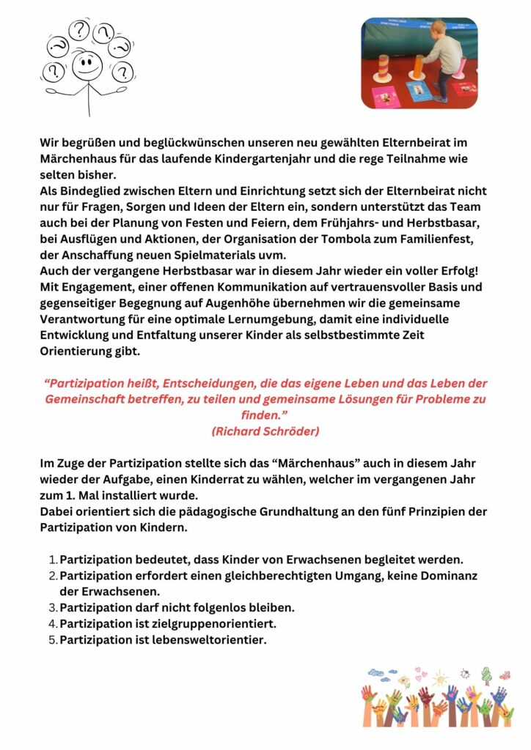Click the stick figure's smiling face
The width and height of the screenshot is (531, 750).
tap(87, 66)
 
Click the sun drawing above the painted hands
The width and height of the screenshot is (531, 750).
tap(439, 677)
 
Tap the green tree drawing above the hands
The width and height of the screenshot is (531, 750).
tap(486, 674)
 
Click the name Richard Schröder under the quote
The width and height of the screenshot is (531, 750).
tap(265, 431)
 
